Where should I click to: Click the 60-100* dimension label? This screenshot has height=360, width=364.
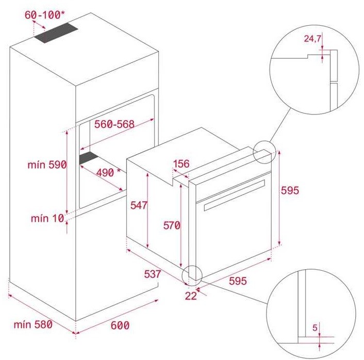[x=44, y=15]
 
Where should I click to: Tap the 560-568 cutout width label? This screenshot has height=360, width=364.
[x=114, y=124]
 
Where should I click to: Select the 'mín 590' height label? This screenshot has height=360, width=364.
[x=47, y=165]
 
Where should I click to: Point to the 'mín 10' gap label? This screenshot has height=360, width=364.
[x=47, y=218]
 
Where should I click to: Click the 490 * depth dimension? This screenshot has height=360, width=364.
[x=108, y=173]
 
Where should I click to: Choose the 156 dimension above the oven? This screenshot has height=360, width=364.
[x=181, y=163]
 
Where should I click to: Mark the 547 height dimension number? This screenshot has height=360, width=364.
[x=139, y=205]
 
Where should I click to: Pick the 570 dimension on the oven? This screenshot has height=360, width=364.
[x=172, y=225]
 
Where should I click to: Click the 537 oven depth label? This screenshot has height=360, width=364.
[x=152, y=274]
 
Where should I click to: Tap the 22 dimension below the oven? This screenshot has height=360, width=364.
[x=191, y=296]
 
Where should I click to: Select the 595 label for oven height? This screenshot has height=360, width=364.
[x=290, y=190]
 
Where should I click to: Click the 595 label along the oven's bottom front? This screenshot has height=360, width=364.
[x=238, y=281]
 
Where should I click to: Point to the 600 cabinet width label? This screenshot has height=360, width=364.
[x=120, y=325]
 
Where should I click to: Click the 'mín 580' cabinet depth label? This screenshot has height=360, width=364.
[x=33, y=324]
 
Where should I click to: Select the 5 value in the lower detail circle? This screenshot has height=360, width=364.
[x=315, y=328]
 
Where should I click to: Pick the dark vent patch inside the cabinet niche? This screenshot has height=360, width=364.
[x=89, y=158]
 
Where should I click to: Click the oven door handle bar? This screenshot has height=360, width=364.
[x=235, y=195]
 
